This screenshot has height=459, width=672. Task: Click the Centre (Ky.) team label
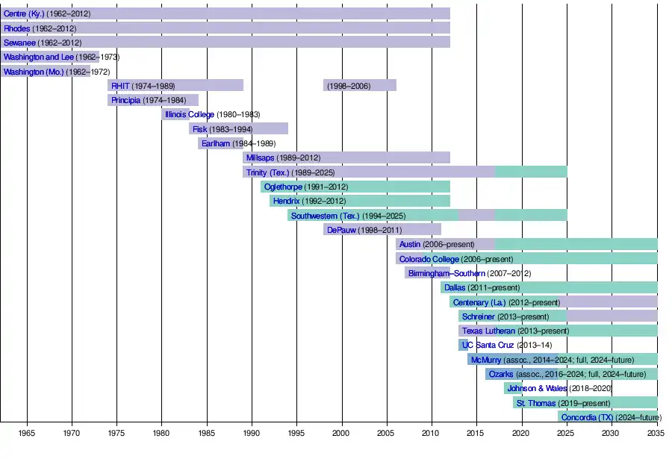coord(24,13)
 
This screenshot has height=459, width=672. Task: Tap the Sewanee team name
coord(19,43)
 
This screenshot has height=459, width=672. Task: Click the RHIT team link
coord(120,86)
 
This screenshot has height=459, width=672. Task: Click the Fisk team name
coord(199,129)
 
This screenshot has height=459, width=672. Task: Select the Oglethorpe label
coord(282,187)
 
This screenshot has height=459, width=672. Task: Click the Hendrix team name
coord(286,201)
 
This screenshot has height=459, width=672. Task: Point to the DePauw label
coord(341,230)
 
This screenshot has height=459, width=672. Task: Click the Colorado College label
coord(429,259)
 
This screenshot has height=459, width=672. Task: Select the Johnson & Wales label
coord(537,388)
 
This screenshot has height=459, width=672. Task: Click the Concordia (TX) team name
coord(587,417)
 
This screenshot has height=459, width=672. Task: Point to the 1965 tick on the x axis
coord(27,433)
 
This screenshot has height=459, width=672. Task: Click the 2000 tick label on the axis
coord(341,433)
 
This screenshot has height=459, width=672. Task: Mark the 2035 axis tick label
coord(656,433)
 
